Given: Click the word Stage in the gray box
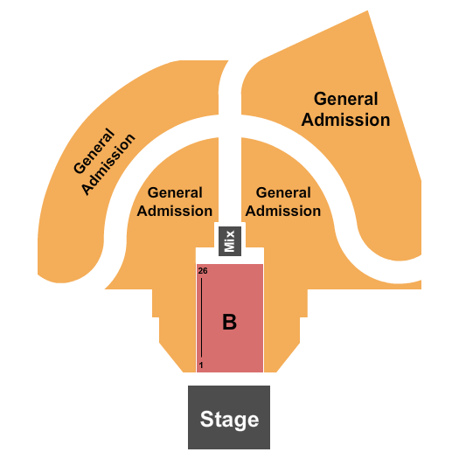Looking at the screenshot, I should click(229, 419).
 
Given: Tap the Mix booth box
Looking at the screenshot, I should click(230, 240).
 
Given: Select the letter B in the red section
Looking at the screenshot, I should click(229, 323).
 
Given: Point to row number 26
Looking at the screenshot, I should click(202, 271).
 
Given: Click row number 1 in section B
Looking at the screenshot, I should click(202, 365).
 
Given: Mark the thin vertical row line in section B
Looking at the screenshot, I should click(201, 318).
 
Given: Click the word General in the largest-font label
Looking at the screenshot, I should click(346, 100).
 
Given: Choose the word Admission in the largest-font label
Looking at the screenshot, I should click(346, 120).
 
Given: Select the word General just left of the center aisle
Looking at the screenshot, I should click(175, 192).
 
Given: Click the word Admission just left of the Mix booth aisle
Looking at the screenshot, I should click(175, 211).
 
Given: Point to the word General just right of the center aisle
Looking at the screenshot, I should click(283, 192).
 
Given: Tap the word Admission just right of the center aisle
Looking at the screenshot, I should click(283, 211).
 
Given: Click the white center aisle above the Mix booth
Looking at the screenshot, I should click(229, 166).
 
